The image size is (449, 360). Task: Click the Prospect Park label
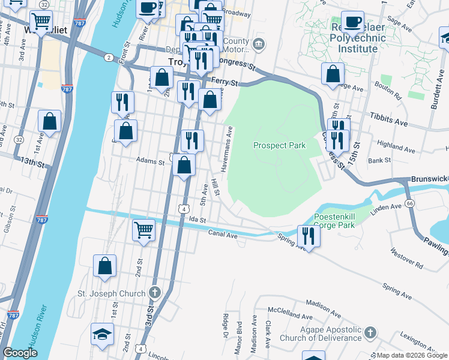[279, 145]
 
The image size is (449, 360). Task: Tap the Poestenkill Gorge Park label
[334, 221]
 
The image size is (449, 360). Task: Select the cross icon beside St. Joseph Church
[154, 293]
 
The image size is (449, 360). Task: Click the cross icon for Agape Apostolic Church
[371, 332]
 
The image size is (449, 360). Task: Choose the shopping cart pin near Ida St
[144, 229]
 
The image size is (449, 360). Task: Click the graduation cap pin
[102, 334]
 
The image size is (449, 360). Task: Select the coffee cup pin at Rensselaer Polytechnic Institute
[352, 22]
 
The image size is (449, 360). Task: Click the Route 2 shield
[108, 57]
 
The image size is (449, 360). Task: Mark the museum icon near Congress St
[258, 43]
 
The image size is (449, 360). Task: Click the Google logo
[20, 352]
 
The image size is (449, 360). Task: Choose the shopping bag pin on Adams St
[184, 165]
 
